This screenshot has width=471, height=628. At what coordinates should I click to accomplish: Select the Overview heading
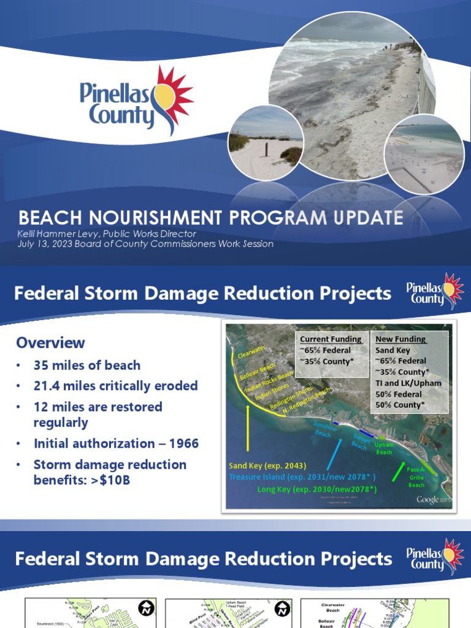50,342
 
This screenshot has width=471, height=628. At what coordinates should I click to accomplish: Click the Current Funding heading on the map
331,339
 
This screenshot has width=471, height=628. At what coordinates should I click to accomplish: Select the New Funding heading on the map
401,339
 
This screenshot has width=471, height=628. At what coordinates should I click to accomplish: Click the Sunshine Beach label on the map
325,428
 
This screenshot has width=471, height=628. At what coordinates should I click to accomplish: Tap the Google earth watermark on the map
433,499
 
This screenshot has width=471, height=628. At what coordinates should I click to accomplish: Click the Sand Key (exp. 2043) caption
267,465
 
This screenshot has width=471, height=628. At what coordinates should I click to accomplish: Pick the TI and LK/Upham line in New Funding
408,383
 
